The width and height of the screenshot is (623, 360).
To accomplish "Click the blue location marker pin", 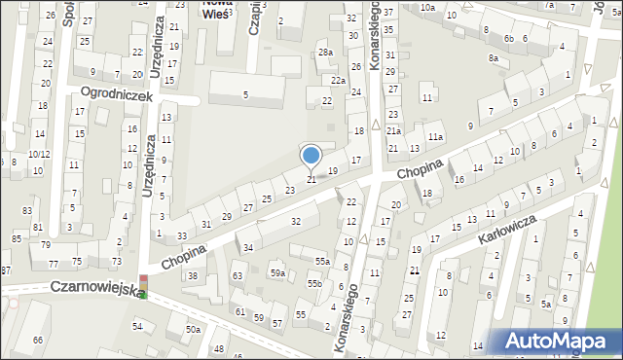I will tap(311, 156).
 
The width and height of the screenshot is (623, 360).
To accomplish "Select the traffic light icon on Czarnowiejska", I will tap(143, 287).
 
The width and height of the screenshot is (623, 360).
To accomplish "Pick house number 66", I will tap(37, 340).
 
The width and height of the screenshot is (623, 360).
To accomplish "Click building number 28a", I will tap(325, 53).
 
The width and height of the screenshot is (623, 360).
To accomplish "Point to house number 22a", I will tap(338, 80).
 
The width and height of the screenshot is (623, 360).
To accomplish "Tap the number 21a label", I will tap(393, 130).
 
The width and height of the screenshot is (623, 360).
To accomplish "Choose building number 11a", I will tap(435, 137).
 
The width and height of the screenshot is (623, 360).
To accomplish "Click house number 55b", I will tap(314, 283).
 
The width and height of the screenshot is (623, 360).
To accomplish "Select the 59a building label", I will tap(277, 273).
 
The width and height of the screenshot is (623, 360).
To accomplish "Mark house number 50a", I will tap(194, 331).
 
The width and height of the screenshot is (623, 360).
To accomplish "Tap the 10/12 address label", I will tap(39, 154).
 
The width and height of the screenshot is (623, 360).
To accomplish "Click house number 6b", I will tap(508, 38).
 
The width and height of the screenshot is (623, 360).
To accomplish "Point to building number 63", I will tap(238, 277).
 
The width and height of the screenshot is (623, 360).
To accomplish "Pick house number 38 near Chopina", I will tap(193, 276).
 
